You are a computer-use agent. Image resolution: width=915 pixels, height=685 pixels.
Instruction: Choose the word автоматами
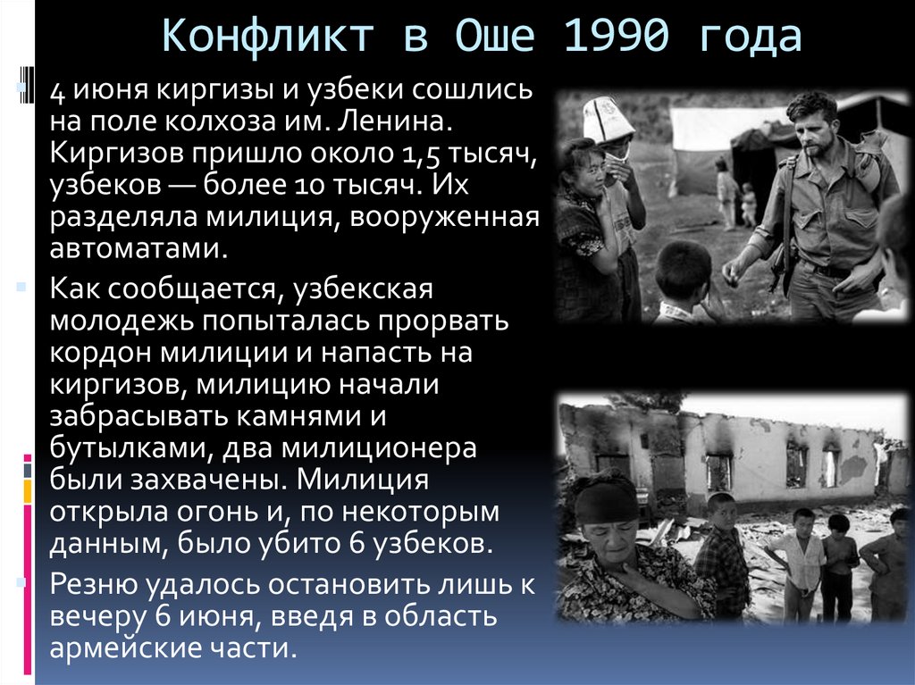tap(139, 247)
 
